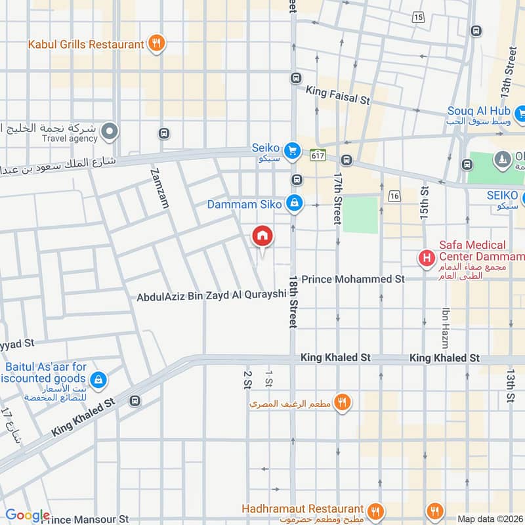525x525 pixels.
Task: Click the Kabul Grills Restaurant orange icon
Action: pos(156,44)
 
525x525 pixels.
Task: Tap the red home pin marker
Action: pos(262,236)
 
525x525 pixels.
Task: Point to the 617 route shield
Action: pos(318,155)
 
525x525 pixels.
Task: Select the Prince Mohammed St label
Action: pos(352,279)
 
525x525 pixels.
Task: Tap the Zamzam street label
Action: pos(159,188)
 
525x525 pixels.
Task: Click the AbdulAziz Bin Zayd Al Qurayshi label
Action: pos(212,296)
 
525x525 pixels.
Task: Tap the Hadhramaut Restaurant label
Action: pos(303,509)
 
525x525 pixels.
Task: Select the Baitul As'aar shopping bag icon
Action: pos(98,379)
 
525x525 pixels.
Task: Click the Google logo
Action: pos(27,516)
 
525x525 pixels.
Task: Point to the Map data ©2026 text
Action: pos(489,518)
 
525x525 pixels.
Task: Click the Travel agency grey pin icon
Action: pos(111,131)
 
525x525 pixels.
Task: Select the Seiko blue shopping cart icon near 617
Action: pos(295,149)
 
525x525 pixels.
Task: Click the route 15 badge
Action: pos(419,17)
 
